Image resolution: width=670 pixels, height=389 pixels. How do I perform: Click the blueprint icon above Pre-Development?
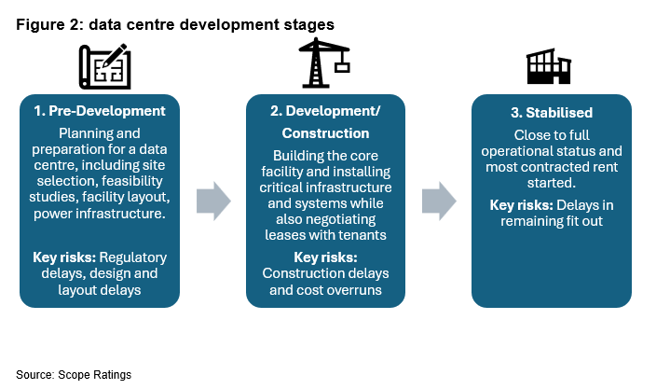[104, 66]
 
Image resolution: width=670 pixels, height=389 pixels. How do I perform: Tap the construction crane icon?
[324, 63]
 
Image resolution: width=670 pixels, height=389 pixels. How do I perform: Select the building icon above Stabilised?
[549, 66]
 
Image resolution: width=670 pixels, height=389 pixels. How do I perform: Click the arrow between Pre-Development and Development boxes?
[213, 201]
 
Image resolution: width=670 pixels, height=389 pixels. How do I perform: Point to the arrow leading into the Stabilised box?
[439, 201]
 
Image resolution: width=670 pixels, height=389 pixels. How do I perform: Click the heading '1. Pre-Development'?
[100, 111]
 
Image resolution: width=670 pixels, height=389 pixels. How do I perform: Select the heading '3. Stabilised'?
[552, 113]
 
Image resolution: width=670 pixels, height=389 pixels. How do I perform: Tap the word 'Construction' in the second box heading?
[325, 133]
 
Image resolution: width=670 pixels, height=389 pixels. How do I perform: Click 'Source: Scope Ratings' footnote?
[74, 375]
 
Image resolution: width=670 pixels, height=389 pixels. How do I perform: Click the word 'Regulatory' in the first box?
[133, 257]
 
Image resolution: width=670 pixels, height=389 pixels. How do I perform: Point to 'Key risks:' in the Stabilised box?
[521, 205]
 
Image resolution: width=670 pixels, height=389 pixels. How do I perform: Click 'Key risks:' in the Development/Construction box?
[325, 257]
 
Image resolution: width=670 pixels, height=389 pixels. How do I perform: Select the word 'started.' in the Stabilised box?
[552, 183]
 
